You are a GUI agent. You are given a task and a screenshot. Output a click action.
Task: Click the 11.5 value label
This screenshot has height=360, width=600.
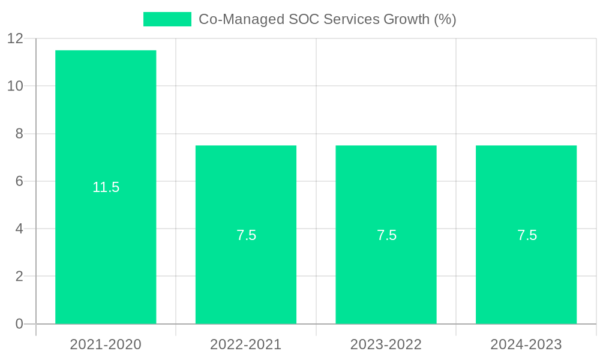click(x=106, y=187)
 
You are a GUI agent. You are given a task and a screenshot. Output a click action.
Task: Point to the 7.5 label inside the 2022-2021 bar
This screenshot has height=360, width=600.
click(x=246, y=235)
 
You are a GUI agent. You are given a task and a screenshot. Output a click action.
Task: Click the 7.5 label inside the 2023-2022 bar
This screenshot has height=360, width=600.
click(x=386, y=235)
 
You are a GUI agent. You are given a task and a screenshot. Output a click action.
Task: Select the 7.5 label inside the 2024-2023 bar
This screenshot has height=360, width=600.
click(x=527, y=235)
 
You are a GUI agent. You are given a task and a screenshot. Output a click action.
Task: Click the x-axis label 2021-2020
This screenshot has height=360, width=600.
click(x=106, y=344)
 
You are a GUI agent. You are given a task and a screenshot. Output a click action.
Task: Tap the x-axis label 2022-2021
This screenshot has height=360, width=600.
click(x=246, y=344)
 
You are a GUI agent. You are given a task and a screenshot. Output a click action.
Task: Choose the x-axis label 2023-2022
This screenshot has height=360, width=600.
click(x=386, y=344)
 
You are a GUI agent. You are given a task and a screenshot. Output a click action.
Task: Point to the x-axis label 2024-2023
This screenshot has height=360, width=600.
click(x=526, y=344)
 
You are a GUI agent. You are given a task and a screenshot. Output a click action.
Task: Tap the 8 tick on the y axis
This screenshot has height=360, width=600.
click(x=19, y=133)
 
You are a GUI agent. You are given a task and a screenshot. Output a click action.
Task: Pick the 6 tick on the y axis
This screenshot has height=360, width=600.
click(x=19, y=181)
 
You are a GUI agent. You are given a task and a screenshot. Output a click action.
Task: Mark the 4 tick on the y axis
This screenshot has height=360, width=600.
click(x=19, y=229)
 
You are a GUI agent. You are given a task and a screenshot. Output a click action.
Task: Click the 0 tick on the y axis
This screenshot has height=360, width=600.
click(x=19, y=324)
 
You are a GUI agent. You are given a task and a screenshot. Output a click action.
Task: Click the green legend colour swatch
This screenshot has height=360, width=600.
click(x=167, y=19)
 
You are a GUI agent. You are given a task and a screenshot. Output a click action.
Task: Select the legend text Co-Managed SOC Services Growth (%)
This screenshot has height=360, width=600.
click(x=328, y=19)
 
